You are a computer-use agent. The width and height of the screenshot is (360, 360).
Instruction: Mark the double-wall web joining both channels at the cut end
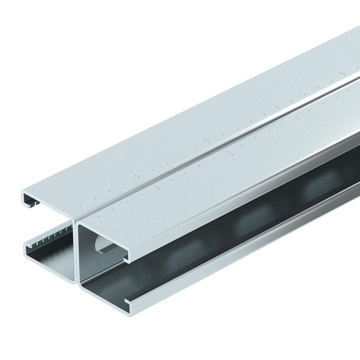point(76,256)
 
